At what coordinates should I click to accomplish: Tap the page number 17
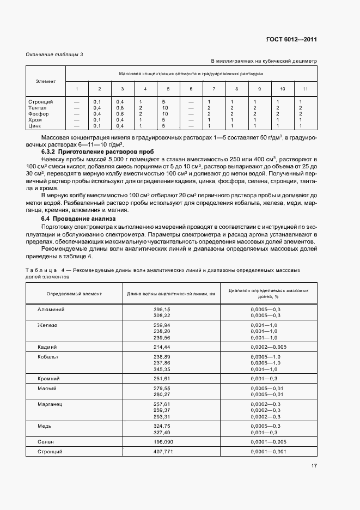[314, 466]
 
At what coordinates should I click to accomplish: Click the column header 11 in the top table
[305, 89]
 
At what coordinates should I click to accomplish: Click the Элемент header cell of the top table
[46, 81]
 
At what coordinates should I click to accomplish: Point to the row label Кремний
[48, 378]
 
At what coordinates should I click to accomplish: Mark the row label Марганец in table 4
[50, 404]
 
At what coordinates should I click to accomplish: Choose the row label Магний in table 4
[47, 388]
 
